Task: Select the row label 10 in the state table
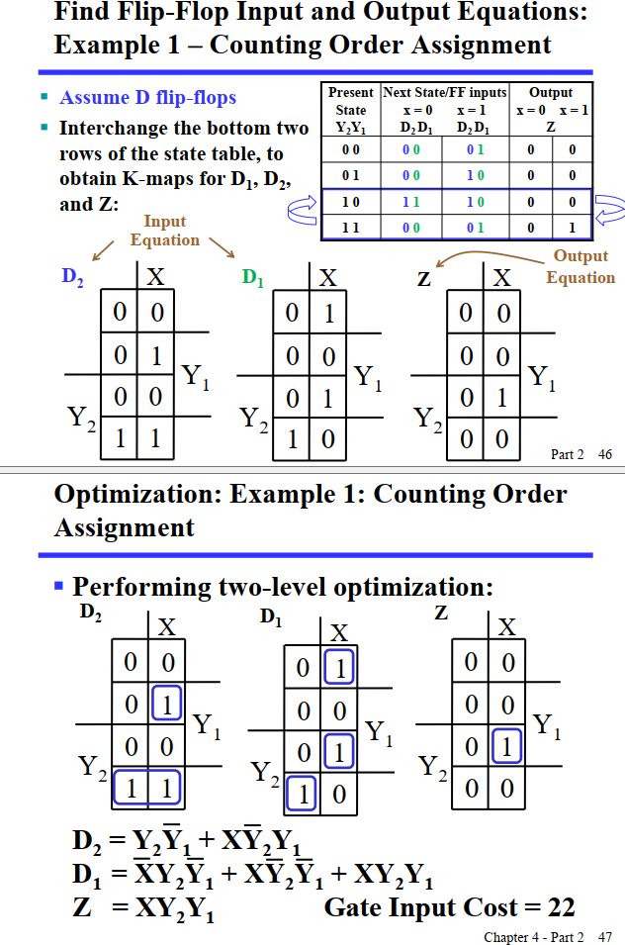[x=350, y=202]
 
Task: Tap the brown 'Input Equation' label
[x=164, y=231]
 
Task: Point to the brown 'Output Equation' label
[x=580, y=266]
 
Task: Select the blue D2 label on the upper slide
[x=72, y=278]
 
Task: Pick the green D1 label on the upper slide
[x=254, y=278]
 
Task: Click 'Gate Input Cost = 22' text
[x=449, y=906]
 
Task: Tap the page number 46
[x=605, y=454]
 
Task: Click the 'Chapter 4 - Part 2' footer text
[x=533, y=936]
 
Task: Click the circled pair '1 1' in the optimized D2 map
[x=146, y=788]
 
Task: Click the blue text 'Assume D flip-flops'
[x=148, y=98]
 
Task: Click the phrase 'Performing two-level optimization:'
[x=282, y=587]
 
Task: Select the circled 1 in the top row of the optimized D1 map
[x=338, y=668]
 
